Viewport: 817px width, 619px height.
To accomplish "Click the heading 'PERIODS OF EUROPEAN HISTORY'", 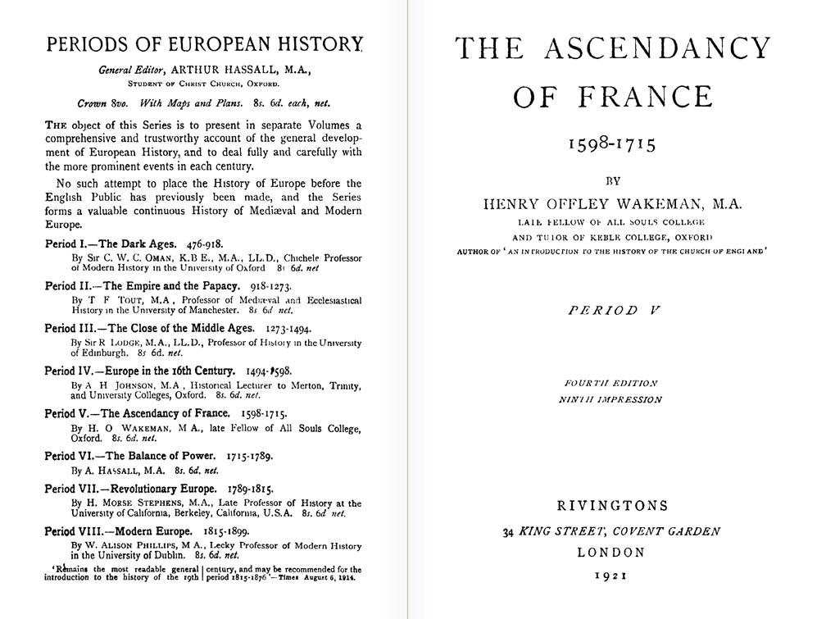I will pos(204,44).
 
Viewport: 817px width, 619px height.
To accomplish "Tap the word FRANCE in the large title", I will pos(644,97).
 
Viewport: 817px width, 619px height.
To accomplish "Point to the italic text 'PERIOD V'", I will pos(614,310).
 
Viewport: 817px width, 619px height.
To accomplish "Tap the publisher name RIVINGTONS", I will pos(612,506).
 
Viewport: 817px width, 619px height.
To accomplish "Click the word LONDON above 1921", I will pos(611,553).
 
